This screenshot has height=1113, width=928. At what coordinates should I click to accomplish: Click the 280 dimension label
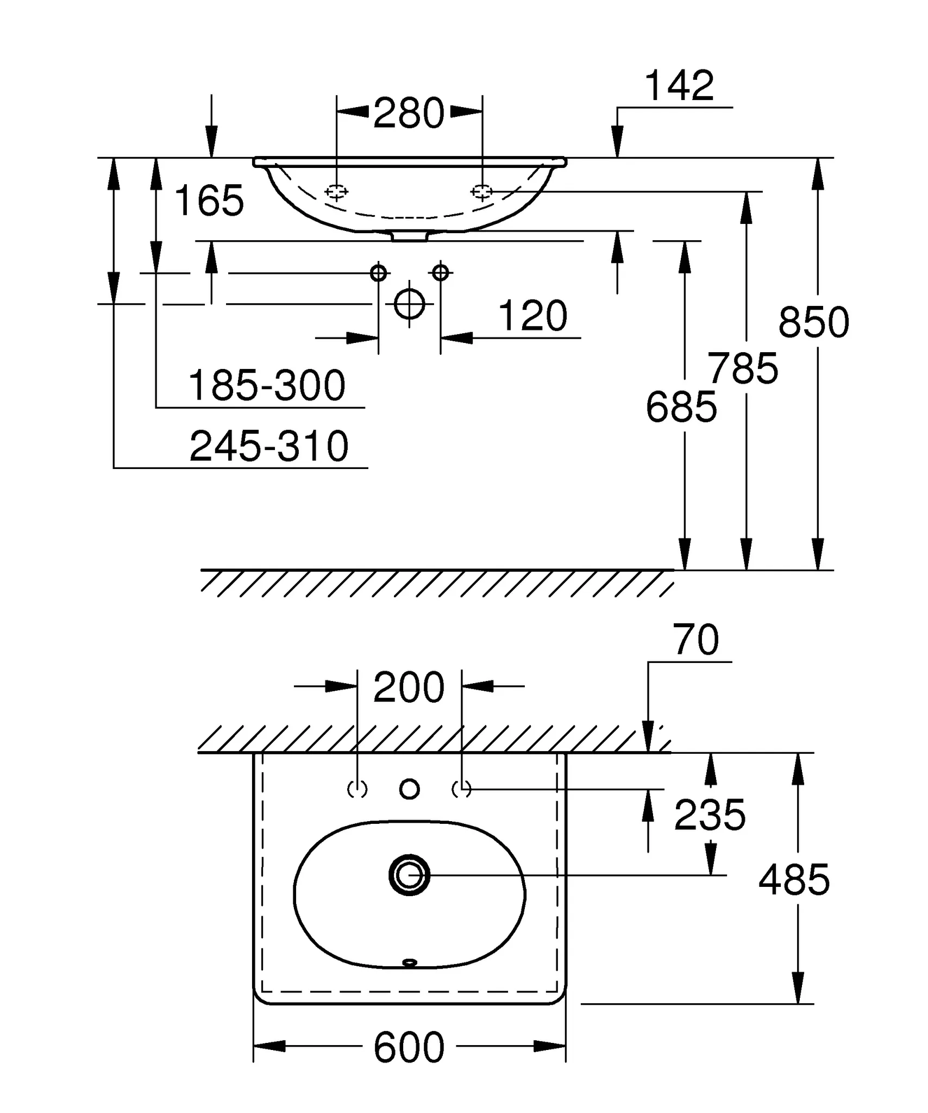click(409, 114)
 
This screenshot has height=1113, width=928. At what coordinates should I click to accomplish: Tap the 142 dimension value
click(679, 86)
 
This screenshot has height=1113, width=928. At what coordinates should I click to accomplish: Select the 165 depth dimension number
click(209, 201)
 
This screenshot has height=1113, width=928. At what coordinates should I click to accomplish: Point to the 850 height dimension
click(813, 322)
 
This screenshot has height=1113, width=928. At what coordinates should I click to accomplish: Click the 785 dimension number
click(743, 369)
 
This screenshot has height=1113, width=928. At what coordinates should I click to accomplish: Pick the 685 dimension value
click(681, 407)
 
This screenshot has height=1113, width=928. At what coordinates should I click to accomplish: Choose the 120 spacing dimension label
click(532, 316)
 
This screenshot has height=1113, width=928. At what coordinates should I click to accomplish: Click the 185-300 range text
click(267, 385)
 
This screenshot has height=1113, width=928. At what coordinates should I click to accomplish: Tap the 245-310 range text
click(269, 446)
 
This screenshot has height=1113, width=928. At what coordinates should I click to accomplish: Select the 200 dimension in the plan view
click(409, 688)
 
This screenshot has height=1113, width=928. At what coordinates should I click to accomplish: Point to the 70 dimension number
click(695, 640)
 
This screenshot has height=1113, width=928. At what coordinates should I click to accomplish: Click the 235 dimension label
click(710, 815)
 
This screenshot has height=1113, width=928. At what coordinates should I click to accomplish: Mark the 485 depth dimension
click(794, 880)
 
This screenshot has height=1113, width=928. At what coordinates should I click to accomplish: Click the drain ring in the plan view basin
click(409, 875)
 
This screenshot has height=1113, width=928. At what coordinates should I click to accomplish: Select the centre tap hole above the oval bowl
click(409, 789)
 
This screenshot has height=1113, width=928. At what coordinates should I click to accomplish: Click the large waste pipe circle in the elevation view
click(409, 304)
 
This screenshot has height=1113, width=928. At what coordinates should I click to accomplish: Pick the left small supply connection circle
click(378, 272)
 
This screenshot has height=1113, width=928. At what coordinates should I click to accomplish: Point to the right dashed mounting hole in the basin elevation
click(481, 191)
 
